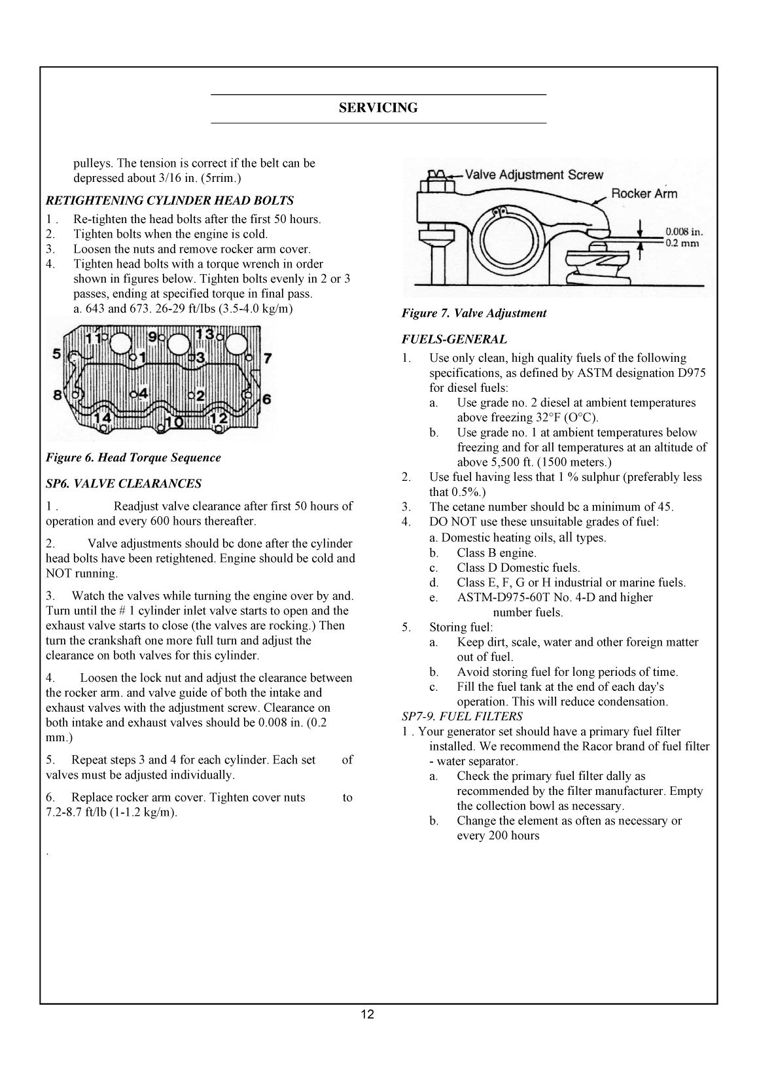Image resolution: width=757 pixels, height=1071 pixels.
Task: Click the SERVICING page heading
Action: pos(378,109)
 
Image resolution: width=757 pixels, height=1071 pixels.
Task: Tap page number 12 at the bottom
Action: pos(367,1015)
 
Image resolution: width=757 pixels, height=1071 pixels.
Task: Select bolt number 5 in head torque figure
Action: pos(57,354)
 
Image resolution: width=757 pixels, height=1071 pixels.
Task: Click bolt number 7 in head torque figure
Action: pos(267,358)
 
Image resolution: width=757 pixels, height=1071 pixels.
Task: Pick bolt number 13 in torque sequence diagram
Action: pos(205,335)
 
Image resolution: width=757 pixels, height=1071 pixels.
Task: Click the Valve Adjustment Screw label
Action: pos(534,175)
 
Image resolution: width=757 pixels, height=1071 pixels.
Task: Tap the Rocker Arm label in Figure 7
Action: pos(644,193)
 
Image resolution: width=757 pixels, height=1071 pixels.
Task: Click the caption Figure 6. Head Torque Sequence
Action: pos(133,458)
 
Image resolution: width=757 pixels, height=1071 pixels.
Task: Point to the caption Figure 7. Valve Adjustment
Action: pos(474,313)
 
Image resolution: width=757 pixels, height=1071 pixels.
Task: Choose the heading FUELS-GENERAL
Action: pos(454,340)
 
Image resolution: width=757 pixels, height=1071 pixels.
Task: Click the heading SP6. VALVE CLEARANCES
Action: pos(123,484)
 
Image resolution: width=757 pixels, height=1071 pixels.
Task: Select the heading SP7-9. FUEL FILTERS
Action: pos(462,716)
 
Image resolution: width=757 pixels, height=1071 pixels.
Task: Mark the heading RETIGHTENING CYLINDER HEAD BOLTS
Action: pos(169,201)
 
